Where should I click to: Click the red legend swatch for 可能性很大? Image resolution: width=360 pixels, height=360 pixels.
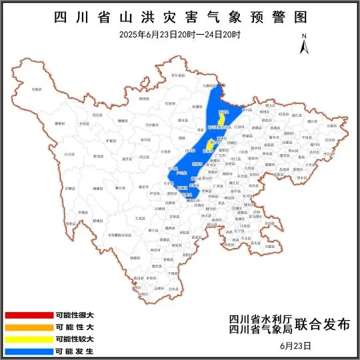(28, 315)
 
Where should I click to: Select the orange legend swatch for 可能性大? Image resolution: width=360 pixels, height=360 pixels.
(28, 327)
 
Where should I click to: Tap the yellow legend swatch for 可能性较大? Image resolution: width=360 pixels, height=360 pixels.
(28, 339)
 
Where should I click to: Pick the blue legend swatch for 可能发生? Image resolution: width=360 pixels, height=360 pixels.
(28, 351)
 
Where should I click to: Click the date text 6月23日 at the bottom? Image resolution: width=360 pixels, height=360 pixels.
(296, 346)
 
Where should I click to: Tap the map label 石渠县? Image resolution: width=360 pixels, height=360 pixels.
(37, 89)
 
